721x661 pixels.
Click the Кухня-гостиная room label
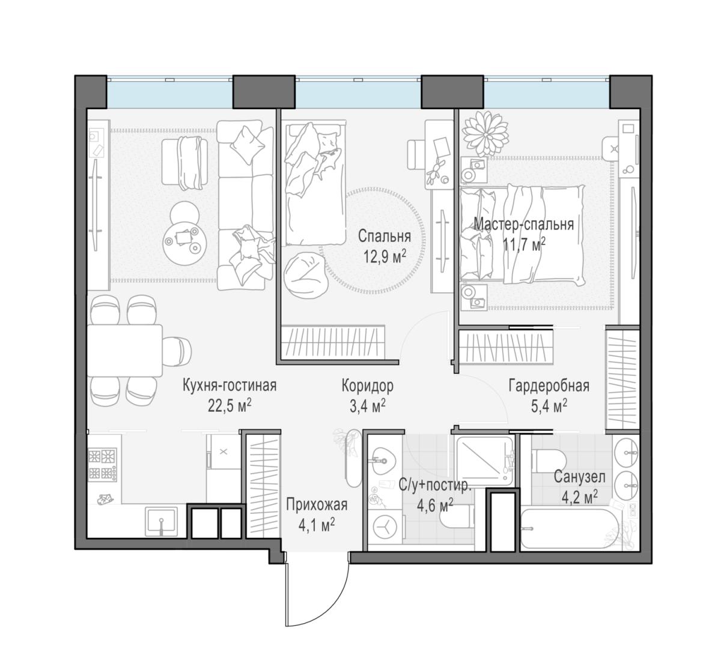coord(230,385)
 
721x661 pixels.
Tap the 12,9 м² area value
coord(385,257)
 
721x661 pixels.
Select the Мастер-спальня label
coord(523,224)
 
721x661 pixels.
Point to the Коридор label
coord(367,386)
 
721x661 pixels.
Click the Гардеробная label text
coord(549,386)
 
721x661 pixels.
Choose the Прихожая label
coord(317,505)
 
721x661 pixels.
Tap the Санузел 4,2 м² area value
coord(580,498)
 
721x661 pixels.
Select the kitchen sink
coord(162,522)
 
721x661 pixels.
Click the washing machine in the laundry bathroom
coord(385,527)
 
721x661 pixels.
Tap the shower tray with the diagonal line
coord(483,461)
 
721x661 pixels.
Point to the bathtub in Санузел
coord(570,528)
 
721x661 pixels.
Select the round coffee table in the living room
coord(184,238)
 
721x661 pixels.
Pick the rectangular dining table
coord(125,351)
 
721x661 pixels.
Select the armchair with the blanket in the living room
coord(184,161)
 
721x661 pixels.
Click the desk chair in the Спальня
coord(416,154)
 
